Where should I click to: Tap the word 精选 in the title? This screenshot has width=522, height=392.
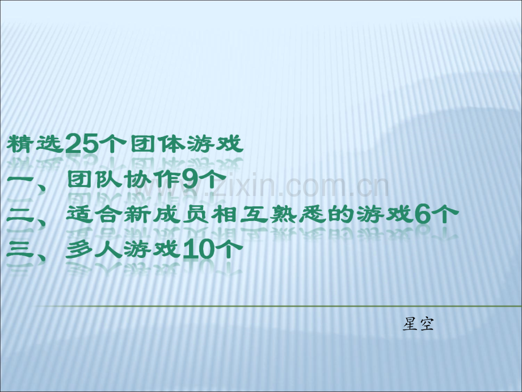pyautogui.click(x=35, y=145)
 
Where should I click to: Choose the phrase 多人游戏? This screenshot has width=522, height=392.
pyautogui.click(x=123, y=249)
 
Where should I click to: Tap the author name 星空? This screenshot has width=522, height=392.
pyautogui.click(x=418, y=324)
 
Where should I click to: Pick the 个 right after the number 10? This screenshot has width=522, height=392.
pyautogui.click(x=225, y=249)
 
